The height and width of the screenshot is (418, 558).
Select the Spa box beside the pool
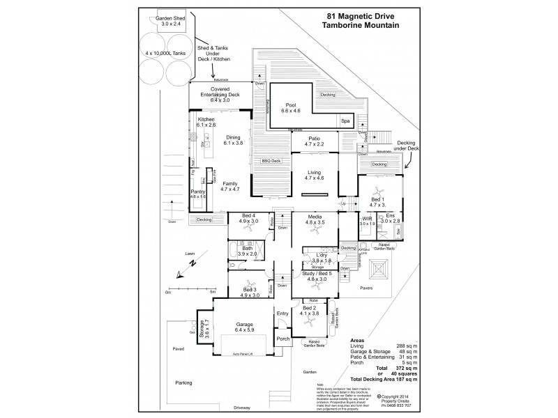click(x=345, y=121)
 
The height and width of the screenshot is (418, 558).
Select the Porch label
click(x=283, y=339)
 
